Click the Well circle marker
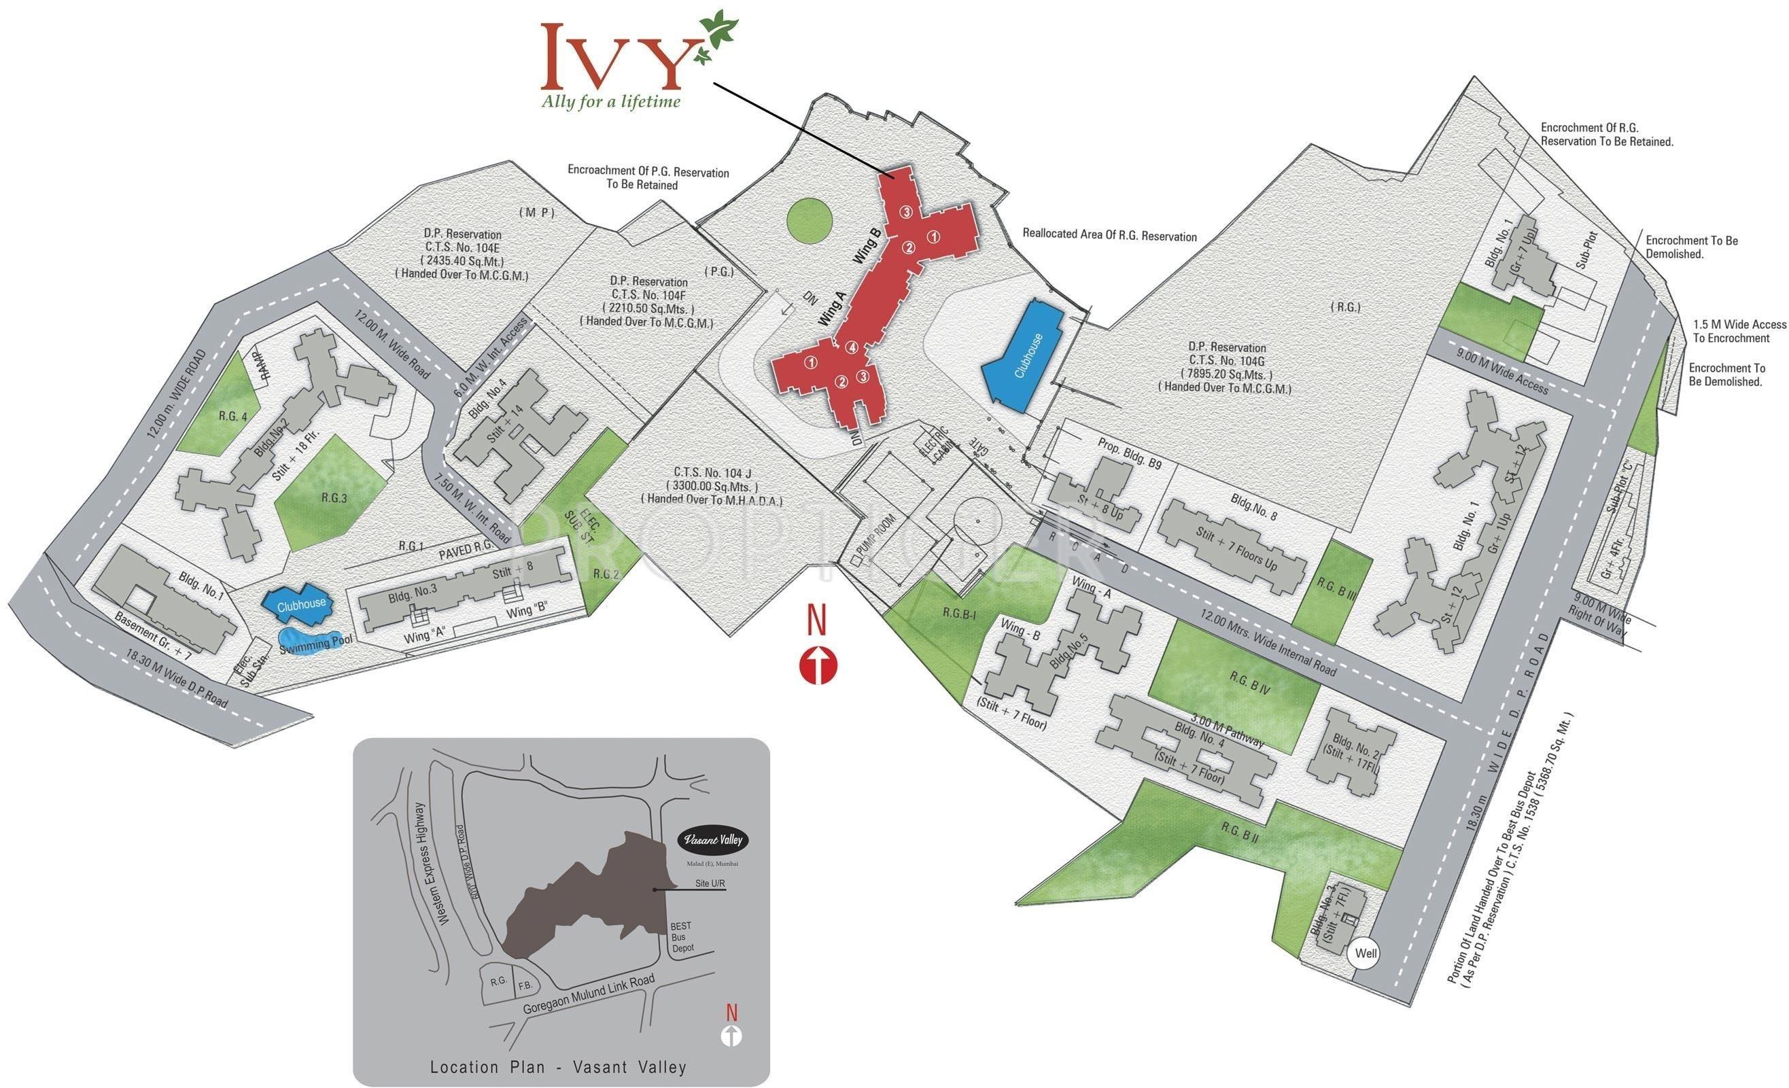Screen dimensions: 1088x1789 point(1366,953)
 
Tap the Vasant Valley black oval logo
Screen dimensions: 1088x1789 point(712,841)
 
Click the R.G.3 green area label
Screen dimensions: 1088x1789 point(334,498)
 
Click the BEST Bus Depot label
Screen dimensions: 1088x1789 point(682,937)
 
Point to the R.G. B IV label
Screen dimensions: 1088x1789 point(1249,682)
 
